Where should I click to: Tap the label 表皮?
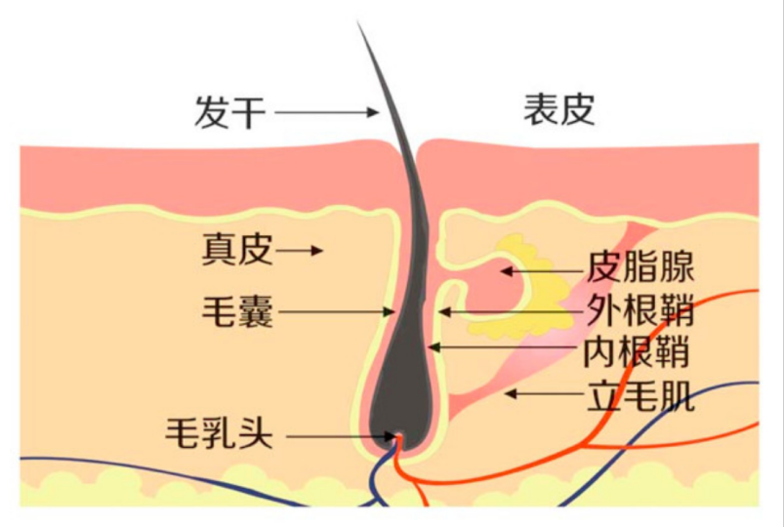[558, 109]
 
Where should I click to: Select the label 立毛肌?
[640, 395]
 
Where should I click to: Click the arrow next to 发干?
[326, 113]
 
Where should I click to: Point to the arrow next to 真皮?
[299, 251]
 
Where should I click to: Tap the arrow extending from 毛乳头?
[337, 435]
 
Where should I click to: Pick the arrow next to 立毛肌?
[543, 394]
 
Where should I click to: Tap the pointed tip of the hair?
[359, 25]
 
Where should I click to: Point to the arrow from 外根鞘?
[509, 312]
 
